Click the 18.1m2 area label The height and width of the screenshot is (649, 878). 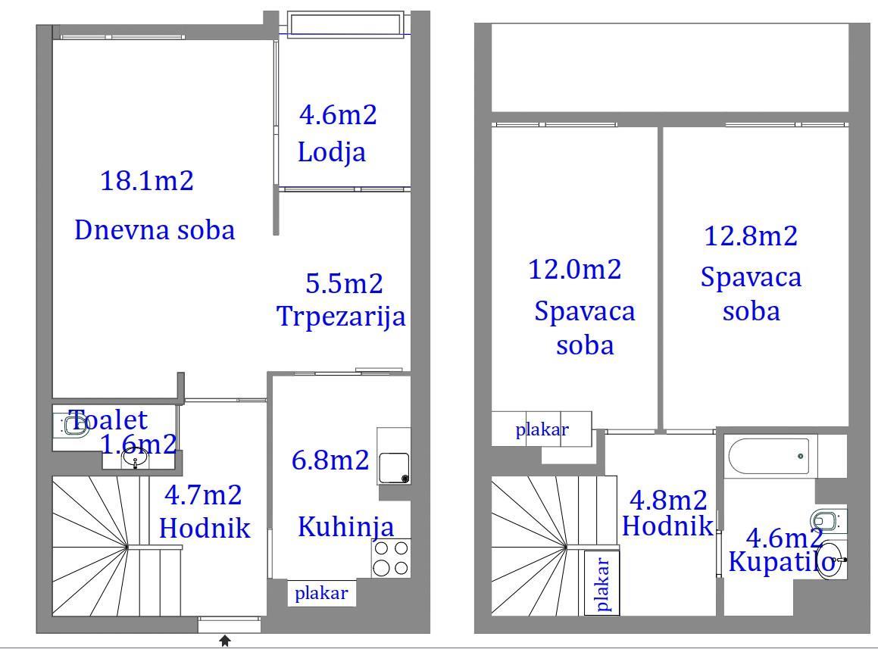point(147,181)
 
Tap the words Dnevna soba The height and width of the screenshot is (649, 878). point(155,230)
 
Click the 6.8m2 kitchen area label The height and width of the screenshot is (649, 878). point(330,460)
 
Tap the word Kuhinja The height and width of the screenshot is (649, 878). point(346,527)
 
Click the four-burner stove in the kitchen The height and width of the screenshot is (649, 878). point(391,557)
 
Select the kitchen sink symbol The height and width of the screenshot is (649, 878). point(394,468)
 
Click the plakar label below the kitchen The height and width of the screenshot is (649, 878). point(321,593)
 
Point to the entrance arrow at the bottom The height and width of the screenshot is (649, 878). point(225,641)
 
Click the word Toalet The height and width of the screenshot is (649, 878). point(108,420)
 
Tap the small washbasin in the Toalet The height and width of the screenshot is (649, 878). point(135,458)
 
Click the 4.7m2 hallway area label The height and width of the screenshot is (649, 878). point(203,495)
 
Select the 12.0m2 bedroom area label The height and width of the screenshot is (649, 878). point(575,270)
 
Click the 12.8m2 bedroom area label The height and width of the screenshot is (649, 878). point(751,236)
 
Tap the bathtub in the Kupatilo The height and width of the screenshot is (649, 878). point(769,456)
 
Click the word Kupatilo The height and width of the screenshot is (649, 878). point(782,562)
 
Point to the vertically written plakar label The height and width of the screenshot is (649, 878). point(602,584)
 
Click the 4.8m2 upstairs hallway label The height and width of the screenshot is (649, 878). point(669,501)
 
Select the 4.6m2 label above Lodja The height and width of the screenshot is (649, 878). point(338,115)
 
